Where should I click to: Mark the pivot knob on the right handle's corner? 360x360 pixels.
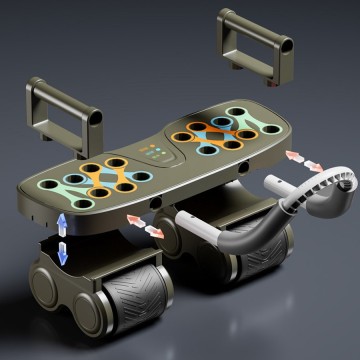click(x=286, y=44)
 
